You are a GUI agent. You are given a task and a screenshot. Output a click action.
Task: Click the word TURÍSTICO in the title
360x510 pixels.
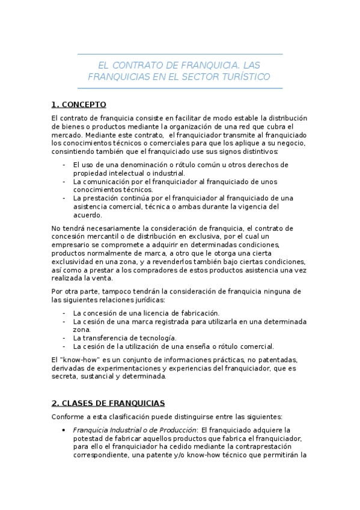click(x=246, y=77)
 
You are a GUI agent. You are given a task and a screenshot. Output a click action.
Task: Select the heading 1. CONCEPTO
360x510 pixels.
click(x=79, y=104)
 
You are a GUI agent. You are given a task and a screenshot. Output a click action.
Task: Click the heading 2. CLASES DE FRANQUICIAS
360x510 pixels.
click(x=108, y=402)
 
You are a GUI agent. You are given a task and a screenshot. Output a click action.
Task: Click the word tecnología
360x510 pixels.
click(x=155, y=338)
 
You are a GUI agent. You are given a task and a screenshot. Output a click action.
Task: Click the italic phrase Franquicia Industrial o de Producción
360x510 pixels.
click(x=135, y=430)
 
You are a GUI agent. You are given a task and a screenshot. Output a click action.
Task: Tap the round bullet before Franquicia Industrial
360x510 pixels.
click(x=64, y=430)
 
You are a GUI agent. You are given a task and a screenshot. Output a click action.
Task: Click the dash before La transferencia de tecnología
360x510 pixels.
click(x=64, y=338)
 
